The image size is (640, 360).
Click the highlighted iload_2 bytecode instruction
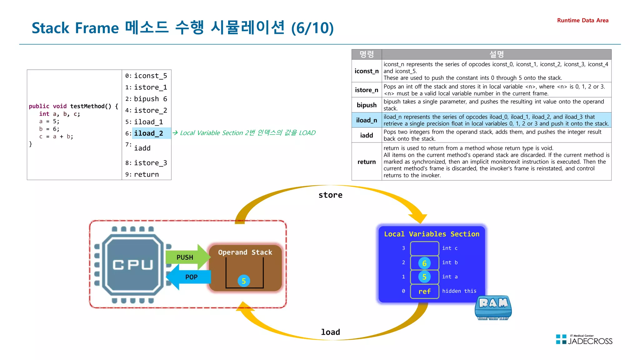point(148,133)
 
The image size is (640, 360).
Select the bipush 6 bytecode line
point(150,99)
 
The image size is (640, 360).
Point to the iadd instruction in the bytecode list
point(142,148)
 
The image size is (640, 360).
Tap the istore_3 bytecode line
point(150,163)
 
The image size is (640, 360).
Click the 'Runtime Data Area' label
point(582,21)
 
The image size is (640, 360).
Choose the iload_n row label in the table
point(367,120)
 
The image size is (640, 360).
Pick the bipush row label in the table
point(367,105)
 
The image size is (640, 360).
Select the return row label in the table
point(367,162)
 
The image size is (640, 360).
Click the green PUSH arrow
point(186,257)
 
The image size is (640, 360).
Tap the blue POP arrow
point(189,277)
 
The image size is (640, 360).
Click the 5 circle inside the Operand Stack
point(244,281)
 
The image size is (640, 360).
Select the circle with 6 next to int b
point(424,263)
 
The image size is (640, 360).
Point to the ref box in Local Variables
point(424,291)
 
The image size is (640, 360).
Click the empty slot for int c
point(424,248)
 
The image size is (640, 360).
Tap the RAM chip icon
point(493,308)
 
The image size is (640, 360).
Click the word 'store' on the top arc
point(330,195)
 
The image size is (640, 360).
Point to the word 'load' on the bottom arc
point(330,332)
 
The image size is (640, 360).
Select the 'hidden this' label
point(459,291)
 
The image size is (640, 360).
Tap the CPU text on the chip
point(133,265)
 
